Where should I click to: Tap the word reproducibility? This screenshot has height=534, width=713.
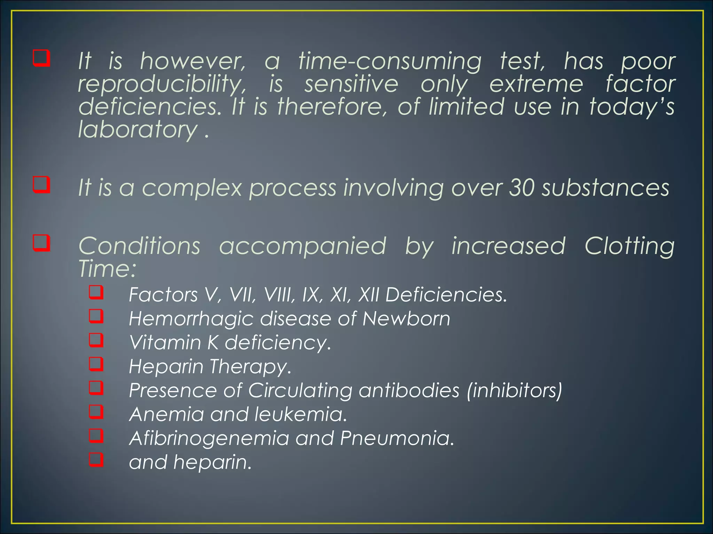(x=162, y=84)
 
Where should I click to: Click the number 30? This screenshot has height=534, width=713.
(x=522, y=188)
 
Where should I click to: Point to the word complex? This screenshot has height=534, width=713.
(x=192, y=188)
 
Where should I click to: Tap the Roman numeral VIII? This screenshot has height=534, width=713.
(x=277, y=295)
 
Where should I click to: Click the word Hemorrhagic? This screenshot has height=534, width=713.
(x=191, y=319)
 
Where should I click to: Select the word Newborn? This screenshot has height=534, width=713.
(x=406, y=318)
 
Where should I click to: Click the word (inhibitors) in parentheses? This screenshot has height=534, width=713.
(x=515, y=390)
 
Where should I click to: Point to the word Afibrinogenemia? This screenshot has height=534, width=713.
(x=209, y=438)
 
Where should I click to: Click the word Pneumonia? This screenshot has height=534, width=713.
(x=397, y=438)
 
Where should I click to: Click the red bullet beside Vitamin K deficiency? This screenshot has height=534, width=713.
(x=96, y=340)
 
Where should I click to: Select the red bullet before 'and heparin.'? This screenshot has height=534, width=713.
(x=96, y=459)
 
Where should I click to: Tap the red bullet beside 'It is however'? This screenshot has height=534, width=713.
(x=41, y=58)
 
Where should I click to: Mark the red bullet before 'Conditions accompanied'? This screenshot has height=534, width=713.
(x=41, y=243)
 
